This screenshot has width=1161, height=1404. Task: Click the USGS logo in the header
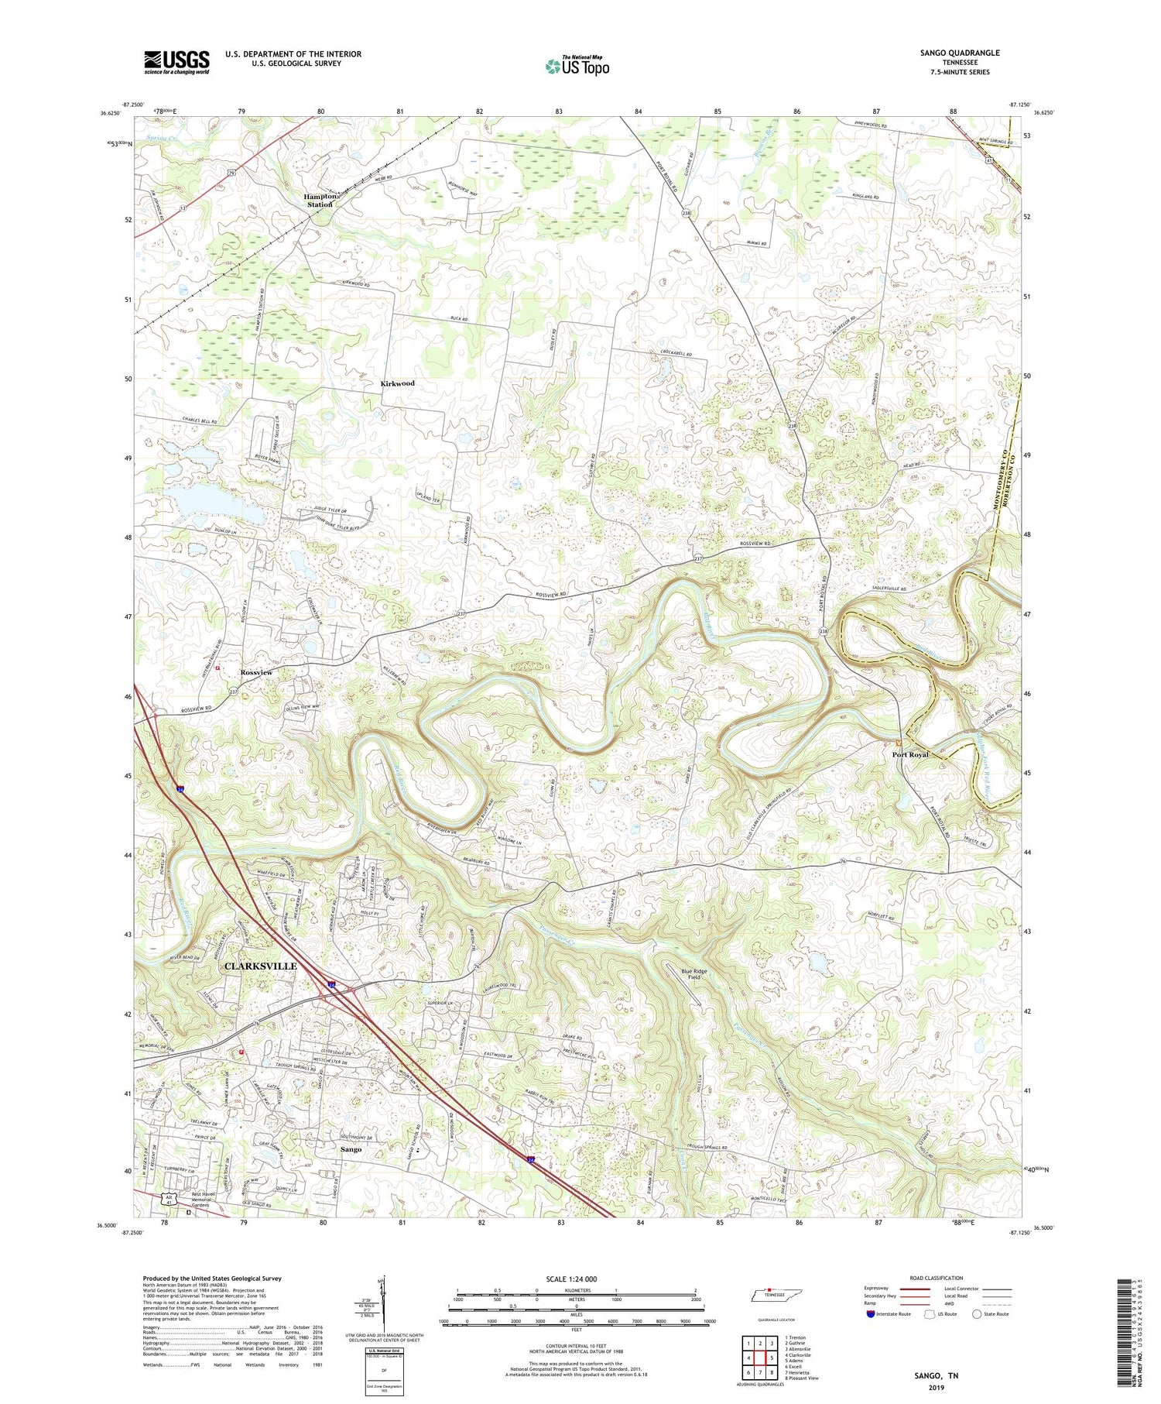point(176,61)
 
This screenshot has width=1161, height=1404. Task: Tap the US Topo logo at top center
point(577,66)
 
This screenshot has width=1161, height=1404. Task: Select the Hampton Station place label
point(320,200)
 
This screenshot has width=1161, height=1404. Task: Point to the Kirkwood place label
point(397,383)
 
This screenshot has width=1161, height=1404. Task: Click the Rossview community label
point(256,672)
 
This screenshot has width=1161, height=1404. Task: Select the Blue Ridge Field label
point(694,975)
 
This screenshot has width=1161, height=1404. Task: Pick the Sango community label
point(351,1149)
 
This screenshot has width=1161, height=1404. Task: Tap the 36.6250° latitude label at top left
point(109,113)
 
